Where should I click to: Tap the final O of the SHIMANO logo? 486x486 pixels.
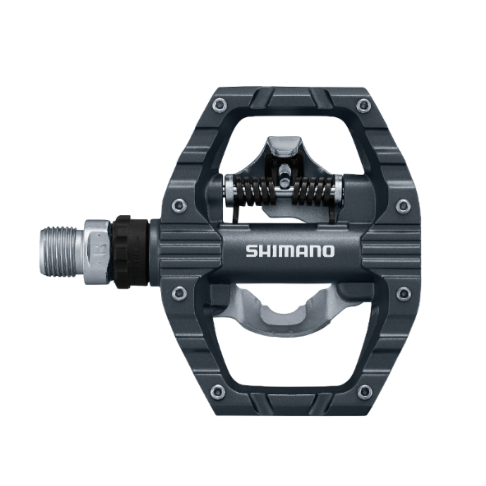328,251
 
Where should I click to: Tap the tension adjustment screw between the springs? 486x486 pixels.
285,173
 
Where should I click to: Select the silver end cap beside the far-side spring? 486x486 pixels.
339,190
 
